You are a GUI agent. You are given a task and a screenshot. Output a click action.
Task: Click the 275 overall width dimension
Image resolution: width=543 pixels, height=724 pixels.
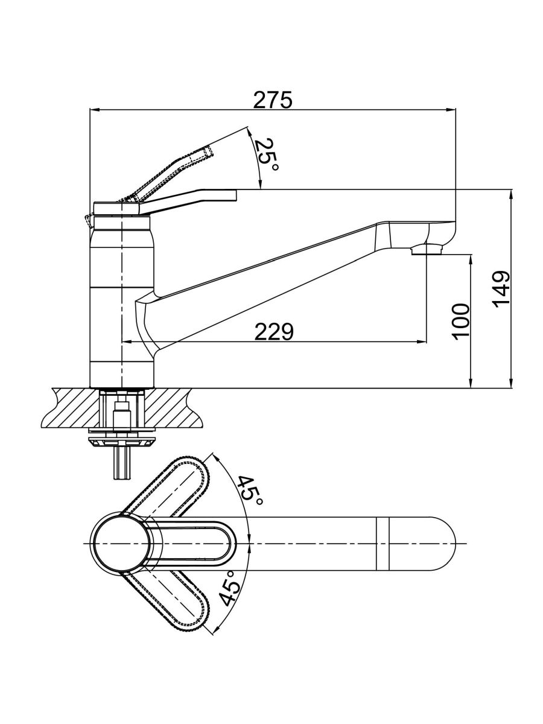[x=272, y=100]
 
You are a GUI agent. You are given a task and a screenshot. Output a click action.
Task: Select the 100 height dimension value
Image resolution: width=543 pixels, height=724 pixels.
[x=461, y=321]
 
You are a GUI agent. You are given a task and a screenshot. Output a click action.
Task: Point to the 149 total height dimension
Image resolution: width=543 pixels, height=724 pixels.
[x=501, y=288]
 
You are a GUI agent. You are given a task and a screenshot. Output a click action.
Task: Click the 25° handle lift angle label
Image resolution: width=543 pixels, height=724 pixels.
[x=265, y=155]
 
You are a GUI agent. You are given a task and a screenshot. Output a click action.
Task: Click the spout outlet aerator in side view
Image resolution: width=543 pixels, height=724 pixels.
[x=427, y=249]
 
